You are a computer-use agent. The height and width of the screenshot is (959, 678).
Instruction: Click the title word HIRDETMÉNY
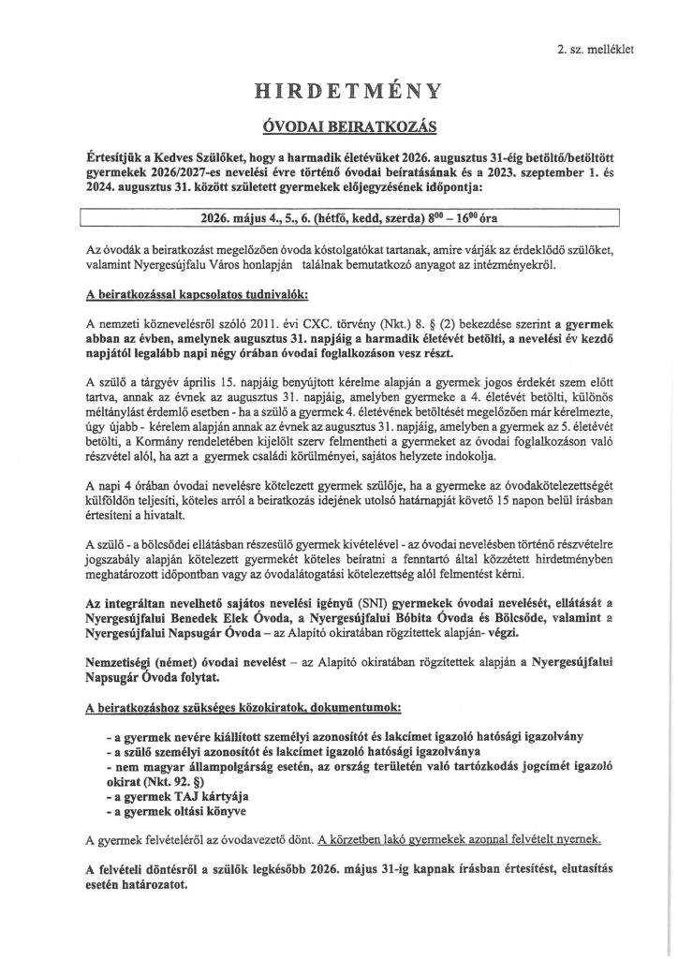pyautogui.click(x=338, y=92)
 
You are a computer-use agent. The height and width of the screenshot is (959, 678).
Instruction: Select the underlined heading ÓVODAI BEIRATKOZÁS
pyautogui.click(x=338, y=125)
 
